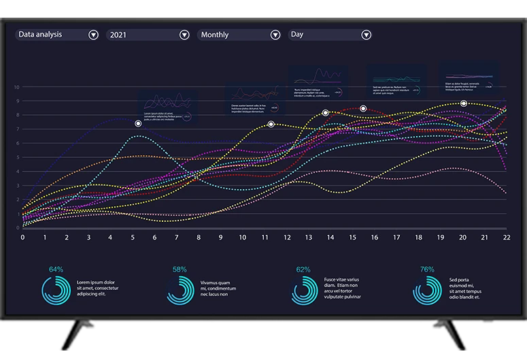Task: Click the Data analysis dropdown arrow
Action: coord(93,35)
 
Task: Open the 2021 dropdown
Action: coord(184,35)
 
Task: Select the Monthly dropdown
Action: coord(275,35)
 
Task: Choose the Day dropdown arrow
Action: coord(366,35)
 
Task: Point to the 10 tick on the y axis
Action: coord(16,87)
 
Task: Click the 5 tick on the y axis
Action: coord(16,158)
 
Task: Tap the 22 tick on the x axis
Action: coord(507,238)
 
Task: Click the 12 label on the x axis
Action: coord(287,238)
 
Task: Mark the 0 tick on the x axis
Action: coord(22,238)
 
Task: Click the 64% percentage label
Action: coord(56,269)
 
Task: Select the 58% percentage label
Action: coord(180,269)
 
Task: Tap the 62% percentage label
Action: coord(303,269)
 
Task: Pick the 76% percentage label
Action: coord(427,269)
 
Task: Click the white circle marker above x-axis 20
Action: coord(464,103)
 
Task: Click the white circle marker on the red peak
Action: coord(363,108)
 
